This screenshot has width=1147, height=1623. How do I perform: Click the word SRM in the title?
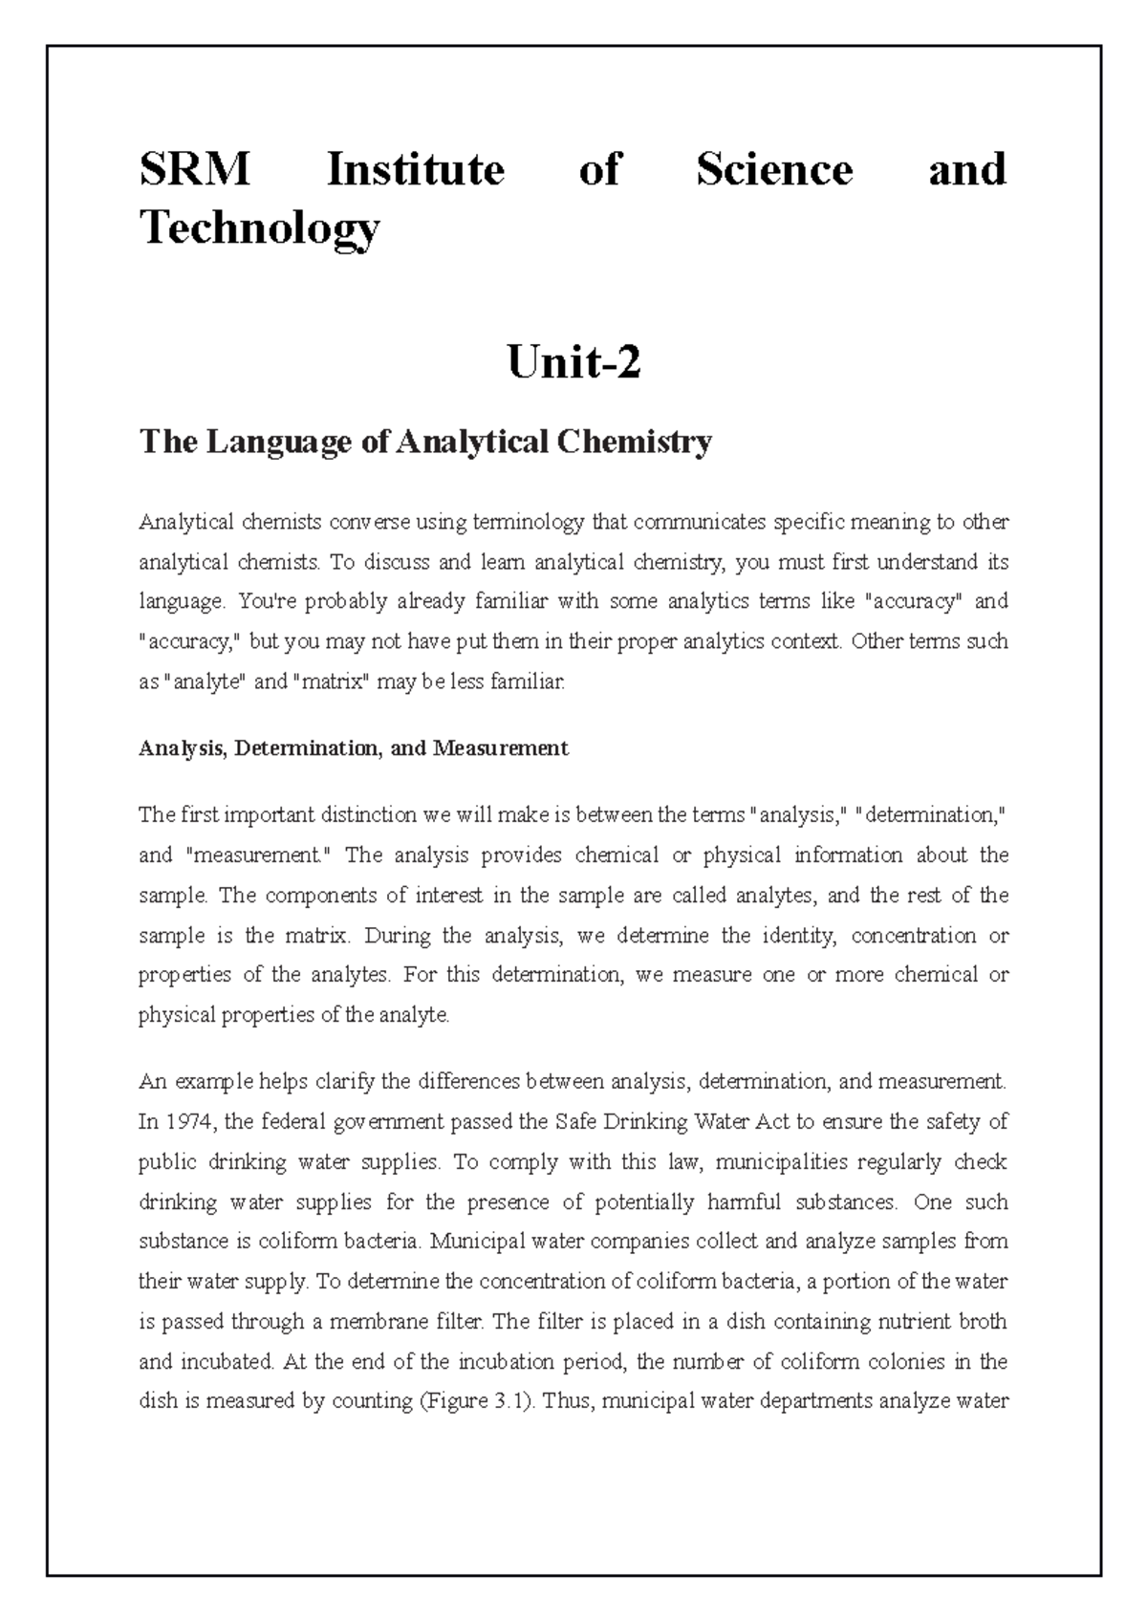[194, 170]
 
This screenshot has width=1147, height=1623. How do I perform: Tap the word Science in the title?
[773, 170]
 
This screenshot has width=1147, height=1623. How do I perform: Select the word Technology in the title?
[259, 228]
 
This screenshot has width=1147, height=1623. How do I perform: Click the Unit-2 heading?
[573, 363]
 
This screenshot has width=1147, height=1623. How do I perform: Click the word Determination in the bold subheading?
[305, 747]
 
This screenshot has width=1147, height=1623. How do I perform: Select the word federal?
[303, 1122]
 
